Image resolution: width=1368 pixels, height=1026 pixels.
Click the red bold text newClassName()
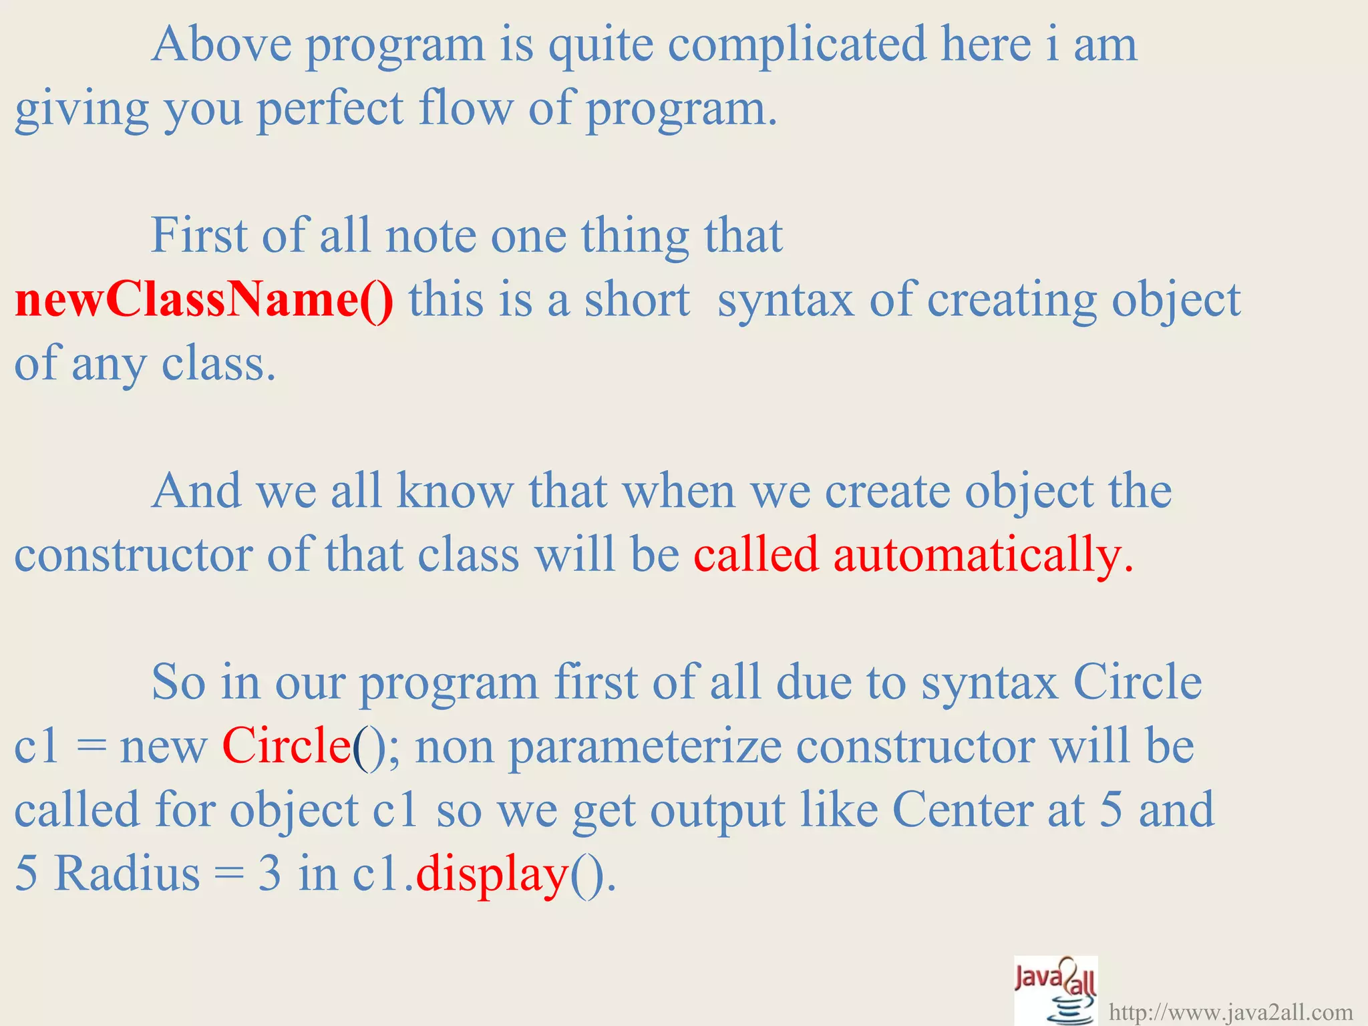(204, 300)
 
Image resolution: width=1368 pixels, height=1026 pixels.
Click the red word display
(492, 874)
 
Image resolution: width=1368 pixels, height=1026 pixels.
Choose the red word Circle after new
(287, 746)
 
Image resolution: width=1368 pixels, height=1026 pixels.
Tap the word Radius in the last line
(127, 874)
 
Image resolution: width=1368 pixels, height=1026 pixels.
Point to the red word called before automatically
(755, 554)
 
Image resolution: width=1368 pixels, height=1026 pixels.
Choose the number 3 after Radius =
(269, 874)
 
